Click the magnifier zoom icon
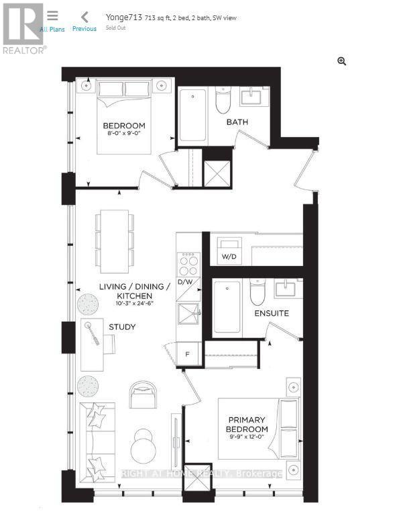pos(341,62)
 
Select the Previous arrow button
pos(84,21)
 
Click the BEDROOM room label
pos(124,126)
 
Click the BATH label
pos(237,122)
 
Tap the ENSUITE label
pos(271,313)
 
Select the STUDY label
pos(122,327)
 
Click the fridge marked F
pos(188,354)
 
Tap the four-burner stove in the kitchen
pos(189,261)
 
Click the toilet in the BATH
pos(223,100)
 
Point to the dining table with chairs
pos(114,238)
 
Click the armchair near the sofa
pos(142,394)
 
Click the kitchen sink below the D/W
pos(188,313)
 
